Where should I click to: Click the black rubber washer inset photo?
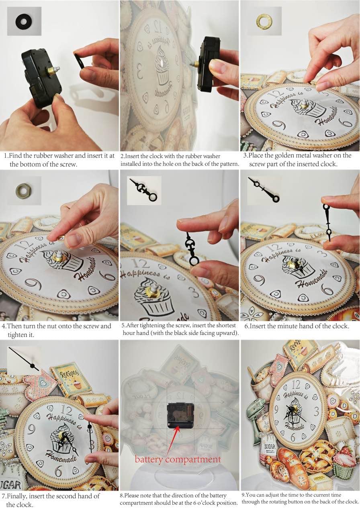click(x=24, y=21)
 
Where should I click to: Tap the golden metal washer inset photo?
click(x=264, y=21)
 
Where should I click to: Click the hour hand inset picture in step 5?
click(x=144, y=190)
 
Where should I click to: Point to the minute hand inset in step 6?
click(x=264, y=190)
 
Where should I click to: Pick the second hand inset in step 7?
click(x=24, y=359)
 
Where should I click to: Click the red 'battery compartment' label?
click(x=178, y=459)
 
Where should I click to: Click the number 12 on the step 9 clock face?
click(x=296, y=384)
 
